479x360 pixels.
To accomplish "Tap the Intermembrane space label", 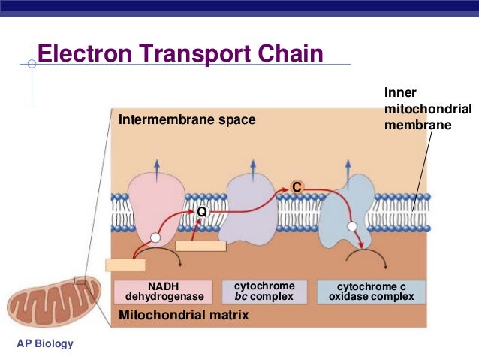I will pyautogui.click(x=187, y=119).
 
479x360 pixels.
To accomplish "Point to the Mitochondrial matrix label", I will pyautogui.click(x=183, y=316).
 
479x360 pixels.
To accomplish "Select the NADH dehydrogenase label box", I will pyautogui.click(x=164, y=292).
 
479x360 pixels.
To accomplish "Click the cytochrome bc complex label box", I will pyautogui.click(x=264, y=292).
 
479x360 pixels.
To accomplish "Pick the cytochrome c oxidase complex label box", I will pyautogui.click(x=371, y=292).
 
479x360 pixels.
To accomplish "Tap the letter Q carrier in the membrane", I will pyautogui.click(x=201, y=213).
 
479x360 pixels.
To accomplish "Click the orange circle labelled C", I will pyautogui.click(x=297, y=186).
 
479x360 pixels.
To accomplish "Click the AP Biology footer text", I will pyautogui.click(x=45, y=344).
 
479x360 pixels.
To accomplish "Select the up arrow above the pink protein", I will pyautogui.click(x=156, y=167).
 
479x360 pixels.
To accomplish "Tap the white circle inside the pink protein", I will pyautogui.click(x=155, y=237).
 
